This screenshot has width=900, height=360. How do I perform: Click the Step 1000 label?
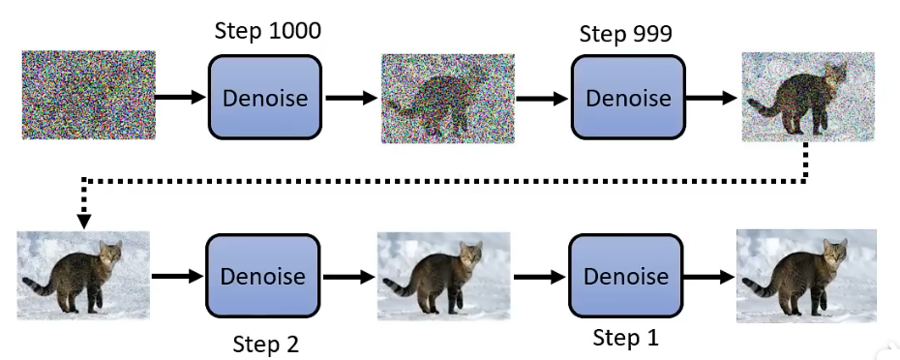266,32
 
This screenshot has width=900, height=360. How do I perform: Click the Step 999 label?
625,34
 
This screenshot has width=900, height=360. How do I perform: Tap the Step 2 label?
265,344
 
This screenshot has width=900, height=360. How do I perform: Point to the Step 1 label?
630,339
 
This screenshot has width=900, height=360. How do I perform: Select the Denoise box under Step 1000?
264,97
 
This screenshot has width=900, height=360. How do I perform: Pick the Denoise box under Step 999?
627,97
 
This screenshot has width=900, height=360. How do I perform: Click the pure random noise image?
88,97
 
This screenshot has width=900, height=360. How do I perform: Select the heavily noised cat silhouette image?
446,98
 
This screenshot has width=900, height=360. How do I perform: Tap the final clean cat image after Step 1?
806,276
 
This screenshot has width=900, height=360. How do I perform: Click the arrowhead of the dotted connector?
84,221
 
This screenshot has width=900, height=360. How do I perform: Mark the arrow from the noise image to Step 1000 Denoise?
181,97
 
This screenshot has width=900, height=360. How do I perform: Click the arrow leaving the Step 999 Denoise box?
711,98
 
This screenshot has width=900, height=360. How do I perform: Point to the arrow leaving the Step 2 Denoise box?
348,277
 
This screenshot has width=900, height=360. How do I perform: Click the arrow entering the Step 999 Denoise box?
543,98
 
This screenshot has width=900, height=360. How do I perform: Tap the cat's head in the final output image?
834,254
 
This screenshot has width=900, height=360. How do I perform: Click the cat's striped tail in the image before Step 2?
39,286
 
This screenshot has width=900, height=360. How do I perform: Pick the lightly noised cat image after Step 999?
806,98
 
